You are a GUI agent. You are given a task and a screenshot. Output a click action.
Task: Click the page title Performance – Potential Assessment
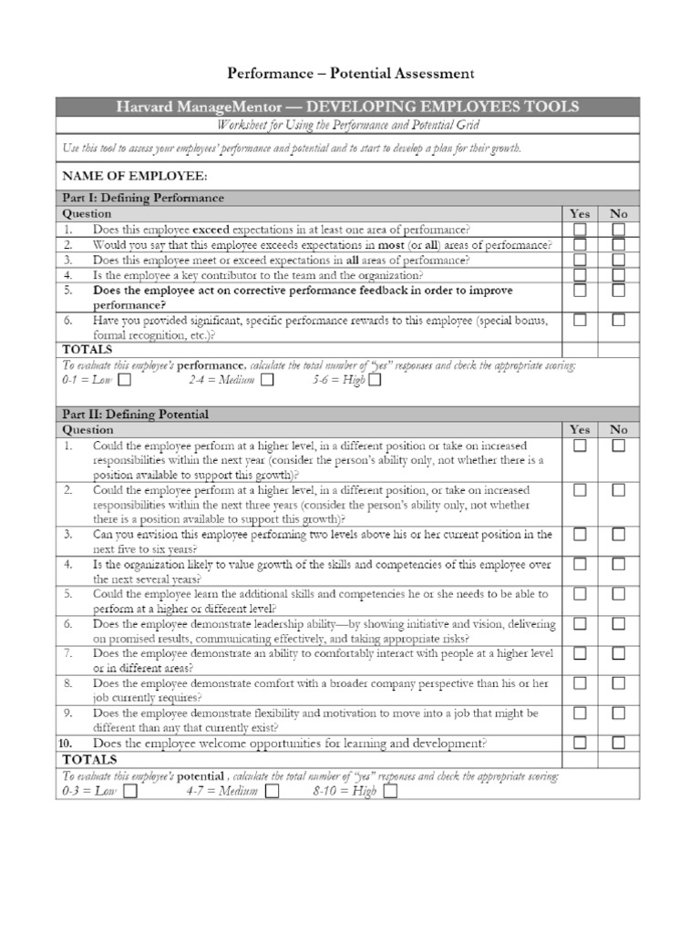(350, 73)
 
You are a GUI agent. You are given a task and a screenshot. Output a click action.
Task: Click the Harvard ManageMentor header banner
(347, 108)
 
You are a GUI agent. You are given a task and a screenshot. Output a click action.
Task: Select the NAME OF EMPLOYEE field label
(134, 175)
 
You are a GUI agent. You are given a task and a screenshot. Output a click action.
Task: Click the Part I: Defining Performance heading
(143, 198)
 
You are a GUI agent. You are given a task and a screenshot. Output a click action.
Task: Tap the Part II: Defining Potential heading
(135, 415)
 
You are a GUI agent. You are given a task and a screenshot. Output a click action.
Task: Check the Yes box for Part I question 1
(580, 231)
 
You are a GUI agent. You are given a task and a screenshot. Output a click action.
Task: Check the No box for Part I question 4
(618, 274)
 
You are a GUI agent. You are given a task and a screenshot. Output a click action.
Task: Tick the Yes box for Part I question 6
(580, 320)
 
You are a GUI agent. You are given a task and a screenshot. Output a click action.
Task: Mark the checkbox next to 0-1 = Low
(124, 380)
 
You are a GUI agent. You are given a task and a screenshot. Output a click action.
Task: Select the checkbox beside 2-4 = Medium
(266, 380)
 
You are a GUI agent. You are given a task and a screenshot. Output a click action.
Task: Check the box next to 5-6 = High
(375, 380)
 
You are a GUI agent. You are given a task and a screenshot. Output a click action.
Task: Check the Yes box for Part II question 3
(580, 534)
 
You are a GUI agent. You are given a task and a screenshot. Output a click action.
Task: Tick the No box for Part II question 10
(618, 743)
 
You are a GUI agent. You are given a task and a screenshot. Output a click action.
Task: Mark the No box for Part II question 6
(618, 624)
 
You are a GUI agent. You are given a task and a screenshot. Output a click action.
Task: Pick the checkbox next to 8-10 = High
(390, 791)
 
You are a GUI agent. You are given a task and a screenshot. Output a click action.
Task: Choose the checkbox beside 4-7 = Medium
(272, 791)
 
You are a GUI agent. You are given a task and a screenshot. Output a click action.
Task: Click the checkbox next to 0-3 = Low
(129, 791)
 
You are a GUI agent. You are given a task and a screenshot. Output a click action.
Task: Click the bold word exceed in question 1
(211, 231)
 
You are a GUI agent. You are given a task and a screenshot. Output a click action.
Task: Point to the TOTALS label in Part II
(87, 759)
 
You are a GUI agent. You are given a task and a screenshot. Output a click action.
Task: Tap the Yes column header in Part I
(580, 214)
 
